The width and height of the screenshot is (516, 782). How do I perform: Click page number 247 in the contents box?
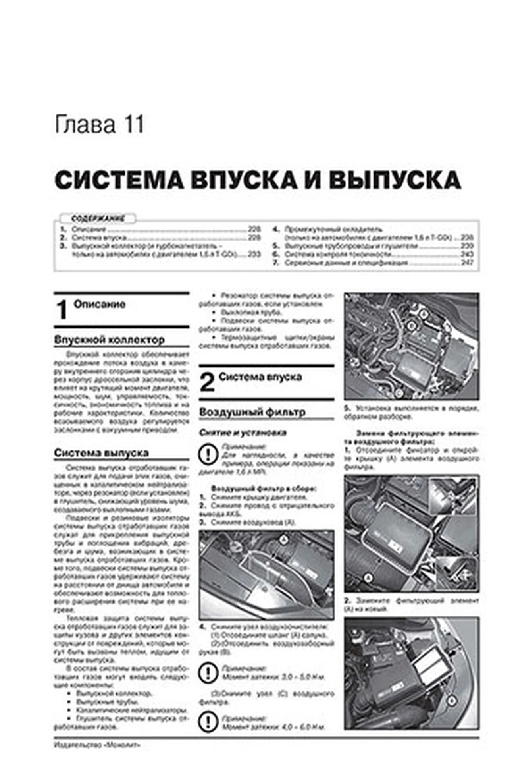[467, 263]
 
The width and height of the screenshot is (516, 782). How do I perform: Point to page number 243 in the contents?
[467, 255]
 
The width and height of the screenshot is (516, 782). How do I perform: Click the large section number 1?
[62, 311]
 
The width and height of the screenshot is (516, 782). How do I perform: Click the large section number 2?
[207, 383]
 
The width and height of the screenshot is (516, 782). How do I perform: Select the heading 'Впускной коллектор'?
[109, 340]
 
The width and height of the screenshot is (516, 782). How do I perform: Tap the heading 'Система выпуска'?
[102, 453]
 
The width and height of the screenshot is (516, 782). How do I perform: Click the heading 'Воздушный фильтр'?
[252, 412]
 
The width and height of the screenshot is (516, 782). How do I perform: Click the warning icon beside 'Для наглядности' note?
[208, 455]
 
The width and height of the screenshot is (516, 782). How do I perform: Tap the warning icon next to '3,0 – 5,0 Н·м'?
[208, 673]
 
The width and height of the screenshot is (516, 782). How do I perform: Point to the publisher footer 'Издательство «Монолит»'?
[97, 745]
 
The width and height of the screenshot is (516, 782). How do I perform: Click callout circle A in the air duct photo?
[283, 539]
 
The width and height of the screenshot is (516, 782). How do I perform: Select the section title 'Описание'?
[100, 305]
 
